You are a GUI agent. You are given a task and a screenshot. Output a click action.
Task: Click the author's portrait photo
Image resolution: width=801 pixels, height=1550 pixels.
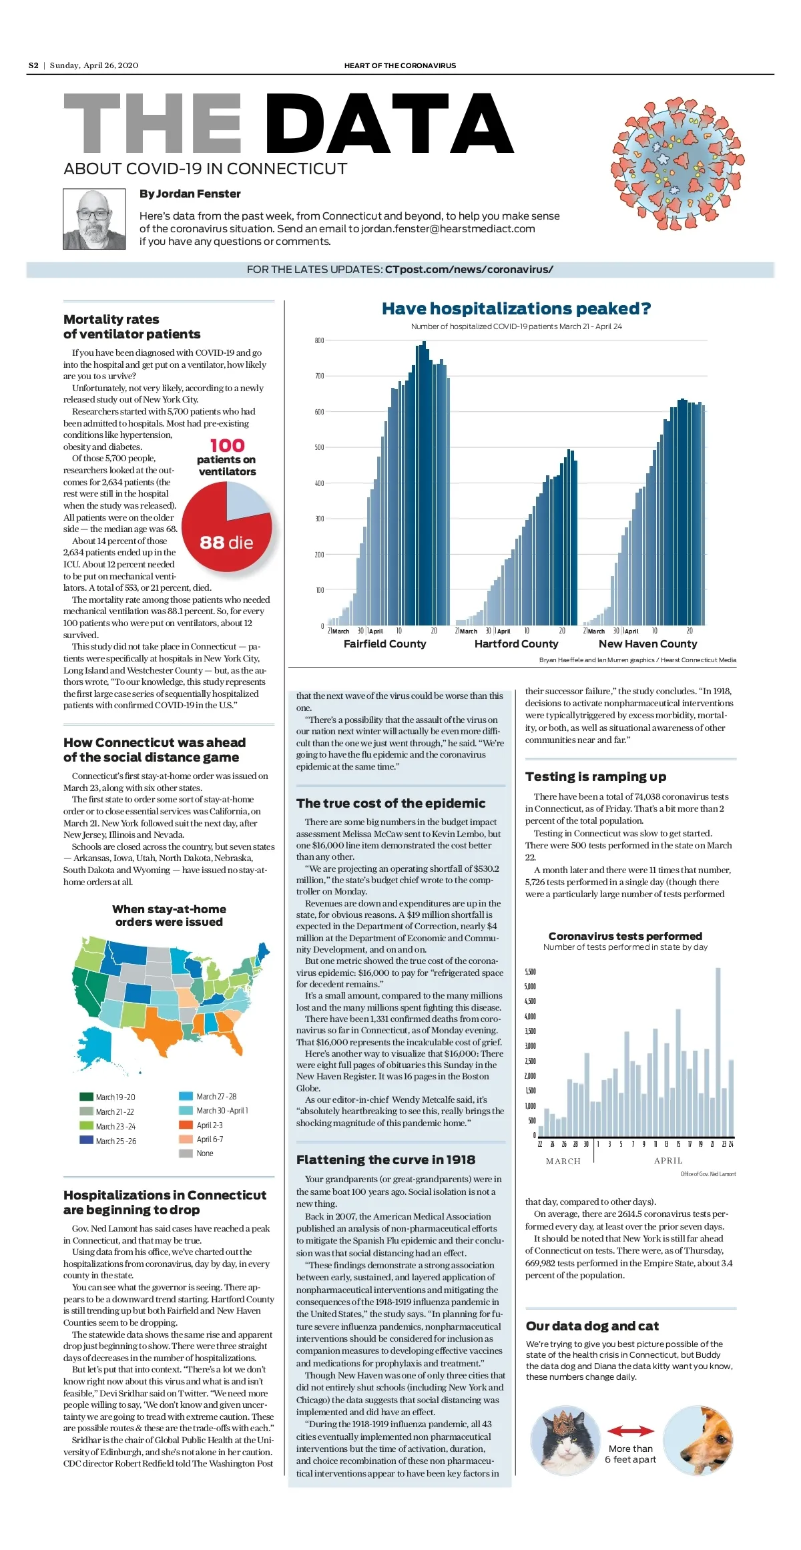(x=94, y=219)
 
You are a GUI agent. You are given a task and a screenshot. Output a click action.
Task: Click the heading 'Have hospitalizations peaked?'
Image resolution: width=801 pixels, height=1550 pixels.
(x=516, y=308)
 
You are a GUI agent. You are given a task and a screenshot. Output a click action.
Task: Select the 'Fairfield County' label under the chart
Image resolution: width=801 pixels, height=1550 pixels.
(x=384, y=644)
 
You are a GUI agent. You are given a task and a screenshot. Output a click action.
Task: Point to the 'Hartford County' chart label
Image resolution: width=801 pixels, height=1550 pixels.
(x=516, y=644)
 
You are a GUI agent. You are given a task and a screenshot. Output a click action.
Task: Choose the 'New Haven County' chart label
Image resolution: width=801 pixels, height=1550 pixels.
(x=647, y=644)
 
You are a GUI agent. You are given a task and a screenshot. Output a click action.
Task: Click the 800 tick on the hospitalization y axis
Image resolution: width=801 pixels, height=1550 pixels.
(x=320, y=341)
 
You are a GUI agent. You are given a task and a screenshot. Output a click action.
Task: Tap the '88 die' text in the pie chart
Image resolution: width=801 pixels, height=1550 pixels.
(x=226, y=543)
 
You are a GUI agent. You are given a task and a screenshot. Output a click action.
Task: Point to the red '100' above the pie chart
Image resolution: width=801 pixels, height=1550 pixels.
(x=227, y=445)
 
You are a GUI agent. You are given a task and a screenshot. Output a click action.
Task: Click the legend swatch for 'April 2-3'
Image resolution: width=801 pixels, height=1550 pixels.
(x=186, y=1125)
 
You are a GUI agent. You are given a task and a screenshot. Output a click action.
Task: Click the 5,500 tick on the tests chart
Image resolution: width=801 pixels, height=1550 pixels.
(x=530, y=972)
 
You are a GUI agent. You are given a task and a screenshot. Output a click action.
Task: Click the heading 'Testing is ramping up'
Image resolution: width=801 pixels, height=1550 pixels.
(x=595, y=777)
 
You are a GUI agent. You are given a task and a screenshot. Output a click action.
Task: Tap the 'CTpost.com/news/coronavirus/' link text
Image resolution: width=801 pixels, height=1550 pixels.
(x=469, y=270)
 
